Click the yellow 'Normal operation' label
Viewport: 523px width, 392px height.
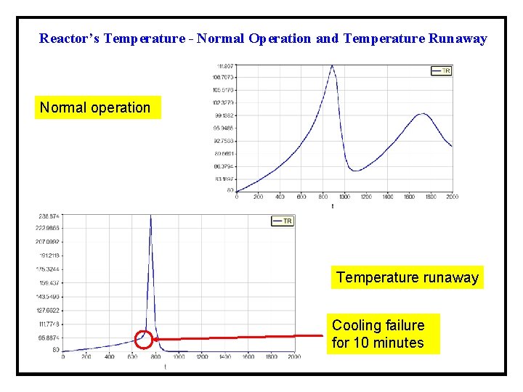pyautogui.click(x=95, y=108)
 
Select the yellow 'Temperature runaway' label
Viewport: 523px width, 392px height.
pyautogui.click(x=407, y=277)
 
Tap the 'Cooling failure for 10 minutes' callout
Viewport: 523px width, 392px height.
pyautogui.click(x=378, y=335)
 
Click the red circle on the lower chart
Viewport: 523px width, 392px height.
pyautogui.click(x=144, y=339)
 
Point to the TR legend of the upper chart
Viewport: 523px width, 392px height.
pyautogui.click(x=442, y=70)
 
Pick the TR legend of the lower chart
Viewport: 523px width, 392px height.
pyautogui.click(x=283, y=221)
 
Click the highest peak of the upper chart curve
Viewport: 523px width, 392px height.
pyautogui.click(x=333, y=65)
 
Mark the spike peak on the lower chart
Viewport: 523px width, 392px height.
pyautogui.click(x=150, y=216)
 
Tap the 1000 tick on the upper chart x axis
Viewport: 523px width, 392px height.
pyautogui.click(x=344, y=197)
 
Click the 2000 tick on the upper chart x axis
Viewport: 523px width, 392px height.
pyautogui.click(x=451, y=197)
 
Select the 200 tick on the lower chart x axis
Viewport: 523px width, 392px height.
pyautogui.click(x=86, y=357)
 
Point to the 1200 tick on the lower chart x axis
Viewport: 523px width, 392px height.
pyautogui.click(x=201, y=357)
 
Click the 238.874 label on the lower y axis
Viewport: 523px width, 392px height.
pyautogui.click(x=49, y=216)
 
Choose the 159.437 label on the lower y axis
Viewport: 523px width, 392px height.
pyautogui.click(x=49, y=282)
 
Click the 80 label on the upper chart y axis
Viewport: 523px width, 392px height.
pyautogui.click(x=230, y=191)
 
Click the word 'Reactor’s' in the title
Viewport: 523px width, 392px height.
pyautogui.click(x=69, y=38)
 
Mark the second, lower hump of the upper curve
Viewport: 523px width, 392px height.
pyautogui.click(x=422, y=114)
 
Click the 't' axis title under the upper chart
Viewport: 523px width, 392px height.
pyautogui.click(x=333, y=206)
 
